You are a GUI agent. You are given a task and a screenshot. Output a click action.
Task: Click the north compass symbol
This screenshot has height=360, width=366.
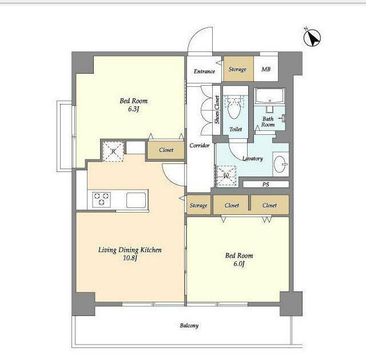click(x=312, y=38)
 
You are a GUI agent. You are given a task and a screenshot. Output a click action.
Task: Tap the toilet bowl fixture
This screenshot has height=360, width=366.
click(x=234, y=108)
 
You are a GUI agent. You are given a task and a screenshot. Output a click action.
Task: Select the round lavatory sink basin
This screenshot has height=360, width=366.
click(x=280, y=164)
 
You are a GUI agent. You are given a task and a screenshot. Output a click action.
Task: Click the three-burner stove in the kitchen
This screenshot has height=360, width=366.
click(x=101, y=199)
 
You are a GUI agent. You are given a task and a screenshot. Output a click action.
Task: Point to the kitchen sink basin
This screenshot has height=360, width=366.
click(x=136, y=200)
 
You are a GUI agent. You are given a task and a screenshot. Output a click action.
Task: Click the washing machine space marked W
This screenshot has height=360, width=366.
click(x=226, y=176)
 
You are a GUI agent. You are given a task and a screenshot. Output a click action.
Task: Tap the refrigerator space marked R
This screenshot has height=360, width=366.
click(x=113, y=151)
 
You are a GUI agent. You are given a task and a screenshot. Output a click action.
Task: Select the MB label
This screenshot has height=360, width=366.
click(x=266, y=69)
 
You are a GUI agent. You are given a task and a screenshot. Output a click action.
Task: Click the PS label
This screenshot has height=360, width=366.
click(x=265, y=185)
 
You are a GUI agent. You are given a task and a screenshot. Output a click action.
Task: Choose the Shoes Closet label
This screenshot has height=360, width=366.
click(x=217, y=109)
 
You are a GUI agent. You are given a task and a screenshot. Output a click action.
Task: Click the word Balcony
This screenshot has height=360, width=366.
click(x=189, y=326)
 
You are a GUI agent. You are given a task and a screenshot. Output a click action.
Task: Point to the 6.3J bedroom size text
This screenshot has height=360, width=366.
click(x=133, y=109)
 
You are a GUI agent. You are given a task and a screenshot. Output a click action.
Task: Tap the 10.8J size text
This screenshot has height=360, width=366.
click(x=130, y=258)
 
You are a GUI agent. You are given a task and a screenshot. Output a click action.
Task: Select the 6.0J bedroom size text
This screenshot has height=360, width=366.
click(x=239, y=263)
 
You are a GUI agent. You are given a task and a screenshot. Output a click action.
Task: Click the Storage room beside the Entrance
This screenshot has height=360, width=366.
click(x=238, y=69)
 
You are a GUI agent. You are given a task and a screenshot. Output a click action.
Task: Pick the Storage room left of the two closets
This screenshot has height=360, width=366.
click(x=199, y=205)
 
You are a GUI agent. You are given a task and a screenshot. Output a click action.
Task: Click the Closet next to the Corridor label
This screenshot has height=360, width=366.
click(x=166, y=150)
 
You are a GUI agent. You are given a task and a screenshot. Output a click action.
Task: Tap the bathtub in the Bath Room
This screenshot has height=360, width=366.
click(x=269, y=96)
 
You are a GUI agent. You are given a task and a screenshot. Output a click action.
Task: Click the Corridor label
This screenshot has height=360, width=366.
click(x=200, y=146)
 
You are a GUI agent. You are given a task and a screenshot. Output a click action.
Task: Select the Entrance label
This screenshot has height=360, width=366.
click(x=204, y=71)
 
